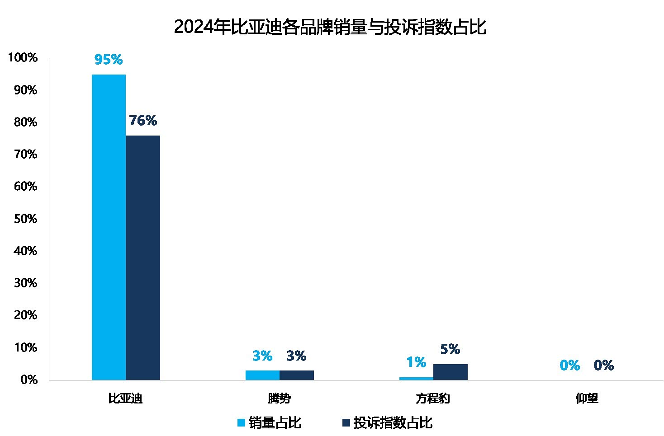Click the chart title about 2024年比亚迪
pyautogui.click(x=330, y=27)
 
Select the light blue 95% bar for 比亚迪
pyautogui.click(x=109, y=227)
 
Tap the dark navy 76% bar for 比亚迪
pyautogui.click(x=143, y=258)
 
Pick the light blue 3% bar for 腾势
pyautogui.click(x=263, y=375)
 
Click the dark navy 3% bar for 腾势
pyautogui.click(x=297, y=375)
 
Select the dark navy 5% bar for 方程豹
pyautogui.click(x=451, y=372)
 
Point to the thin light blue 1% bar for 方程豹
pyautogui.click(x=416, y=379)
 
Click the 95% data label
pyautogui.click(x=109, y=60)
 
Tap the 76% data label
pyautogui.click(x=143, y=121)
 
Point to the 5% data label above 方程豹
pyautogui.click(x=450, y=349)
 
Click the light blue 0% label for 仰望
pyautogui.click(x=570, y=365)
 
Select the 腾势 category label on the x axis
pyautogui.click(x=279, y=398)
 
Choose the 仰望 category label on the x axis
pyautogui.click(x=587, y=398)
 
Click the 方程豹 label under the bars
pyautogui.click(x=433, y=398)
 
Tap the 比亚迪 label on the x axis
pyautogui.click(x=125, y=398)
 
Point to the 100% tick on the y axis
pyautogui.click(x=23, y=57)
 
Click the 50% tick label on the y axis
pyautogui.click(x=25, y=219)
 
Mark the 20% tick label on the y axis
pyautogui.click(x=25, y=315)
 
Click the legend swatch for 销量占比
pyautogui.click(x=241, y=422)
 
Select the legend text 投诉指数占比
pyautogui.click(x=393, y=422)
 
